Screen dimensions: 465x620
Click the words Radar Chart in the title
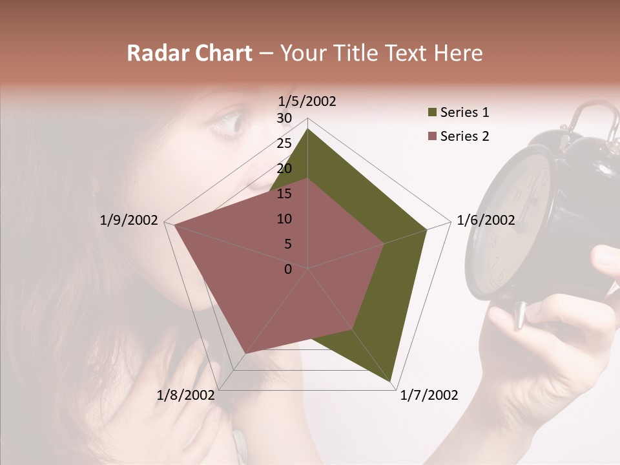(189, 54)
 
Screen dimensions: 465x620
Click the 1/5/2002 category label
(307, 101)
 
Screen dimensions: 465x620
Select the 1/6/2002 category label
(486, 221)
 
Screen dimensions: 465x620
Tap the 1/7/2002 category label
(429, 395)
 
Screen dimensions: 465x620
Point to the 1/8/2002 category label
(185, 395)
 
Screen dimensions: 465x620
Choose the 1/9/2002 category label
(129, 221)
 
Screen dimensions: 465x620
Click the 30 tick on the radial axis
(284, 118)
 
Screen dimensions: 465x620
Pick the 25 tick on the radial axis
(284, 143)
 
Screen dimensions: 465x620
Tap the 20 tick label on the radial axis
(284, 169)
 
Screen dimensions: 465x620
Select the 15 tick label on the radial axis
(284, 194)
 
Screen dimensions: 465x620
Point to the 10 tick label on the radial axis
(284, 219)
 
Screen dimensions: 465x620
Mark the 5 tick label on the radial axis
(287, 244)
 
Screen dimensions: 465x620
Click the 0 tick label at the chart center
(288, 269)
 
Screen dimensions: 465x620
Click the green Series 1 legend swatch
(432, 113)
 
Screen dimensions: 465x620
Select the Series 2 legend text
(464, 136)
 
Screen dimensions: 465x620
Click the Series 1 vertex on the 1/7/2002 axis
(391, 382)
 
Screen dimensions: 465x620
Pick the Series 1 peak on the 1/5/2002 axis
(307, 129)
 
